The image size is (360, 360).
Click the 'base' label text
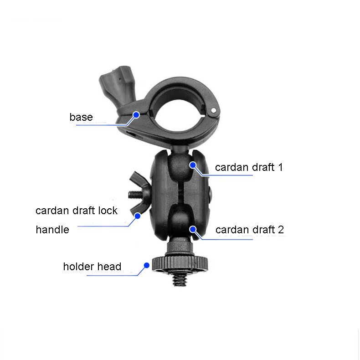(81, 117)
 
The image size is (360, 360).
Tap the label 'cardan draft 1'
(249, 167)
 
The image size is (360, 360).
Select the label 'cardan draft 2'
(249, 230)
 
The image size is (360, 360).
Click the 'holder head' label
(92, 267)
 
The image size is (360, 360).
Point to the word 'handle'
(52, 230)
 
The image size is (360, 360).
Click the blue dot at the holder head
(147, 265)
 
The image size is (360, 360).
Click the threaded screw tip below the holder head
(179, 279)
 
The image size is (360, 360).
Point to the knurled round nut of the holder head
(179, 263)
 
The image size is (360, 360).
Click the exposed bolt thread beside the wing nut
(134, 195)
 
